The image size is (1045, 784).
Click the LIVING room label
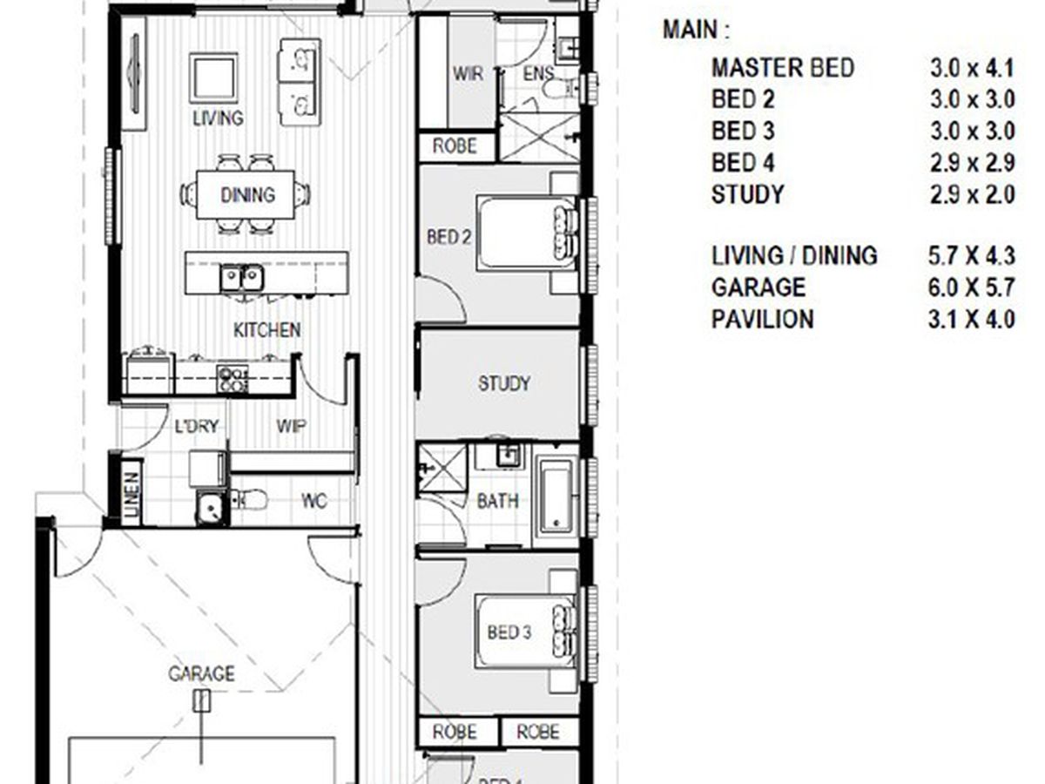click(218, 118)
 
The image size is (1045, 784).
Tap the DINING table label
click(247, 194)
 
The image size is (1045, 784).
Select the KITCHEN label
click(266, 330)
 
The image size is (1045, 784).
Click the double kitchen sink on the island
click(242, 278)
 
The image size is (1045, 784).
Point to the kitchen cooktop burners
click(233, 379)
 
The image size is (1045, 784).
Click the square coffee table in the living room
click(213, 78)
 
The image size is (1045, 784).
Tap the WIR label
click(468, 74)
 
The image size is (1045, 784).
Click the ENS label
click(538, 73)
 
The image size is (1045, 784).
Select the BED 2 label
click(449, 237)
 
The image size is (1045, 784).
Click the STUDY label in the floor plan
click(503, 383)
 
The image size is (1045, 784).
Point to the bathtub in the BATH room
click(556, 496)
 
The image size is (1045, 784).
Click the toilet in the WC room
click(249, 500)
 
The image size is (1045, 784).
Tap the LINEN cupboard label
click(132, 494)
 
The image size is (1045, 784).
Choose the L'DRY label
click(196, 426)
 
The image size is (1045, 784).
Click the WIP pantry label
click(291, 426)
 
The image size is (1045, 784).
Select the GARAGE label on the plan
click(201, 673)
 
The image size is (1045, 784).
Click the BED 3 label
click(509, 632)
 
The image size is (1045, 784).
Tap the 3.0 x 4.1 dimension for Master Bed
click(972, 69)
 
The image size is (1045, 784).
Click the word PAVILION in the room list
click(762, 319)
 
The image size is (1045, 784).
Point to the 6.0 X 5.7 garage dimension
click(972, 287)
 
